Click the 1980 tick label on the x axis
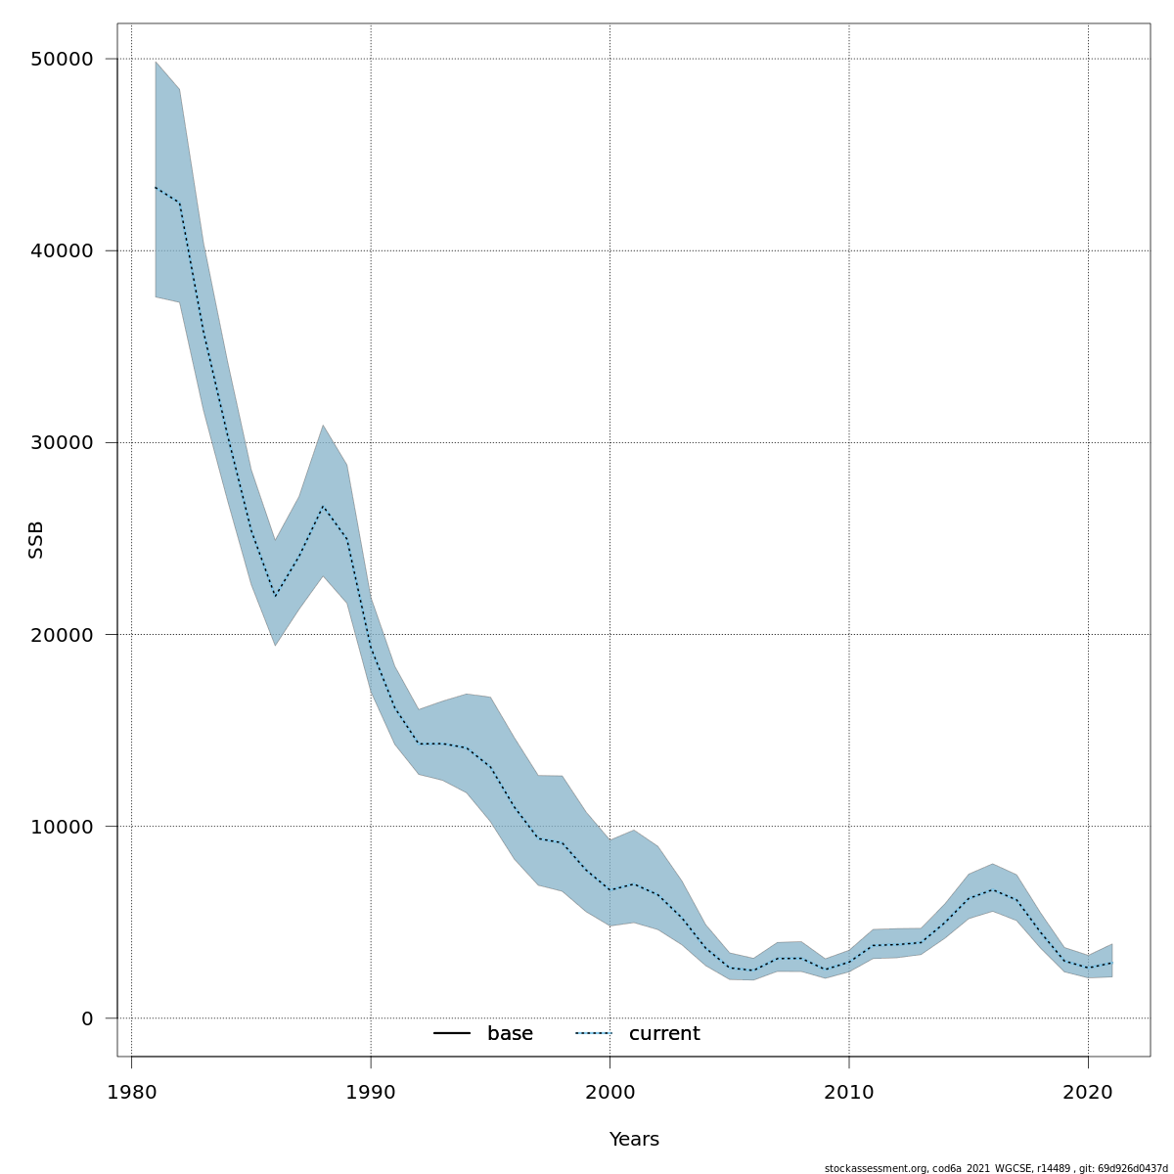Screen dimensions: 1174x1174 [132, 1092]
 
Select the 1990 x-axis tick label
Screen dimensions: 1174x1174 [371, 1092]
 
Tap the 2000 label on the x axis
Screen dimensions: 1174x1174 [610, 1092]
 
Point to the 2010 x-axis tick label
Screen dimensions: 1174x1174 [849, 1092]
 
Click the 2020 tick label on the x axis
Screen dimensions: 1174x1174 [1088, 1092]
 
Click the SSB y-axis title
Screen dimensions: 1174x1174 [36, 539]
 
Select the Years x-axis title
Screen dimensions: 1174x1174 [634, 1140]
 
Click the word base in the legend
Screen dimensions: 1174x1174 [510, 1034]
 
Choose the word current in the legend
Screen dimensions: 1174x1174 [664, 1034]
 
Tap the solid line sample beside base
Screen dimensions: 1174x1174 [452, 1034]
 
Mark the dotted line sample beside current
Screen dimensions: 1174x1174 [593, 1034]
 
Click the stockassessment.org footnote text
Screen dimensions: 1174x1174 [996, 1168]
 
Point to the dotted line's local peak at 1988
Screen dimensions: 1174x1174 [323, 506]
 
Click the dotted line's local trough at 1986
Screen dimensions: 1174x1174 [275, 596]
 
